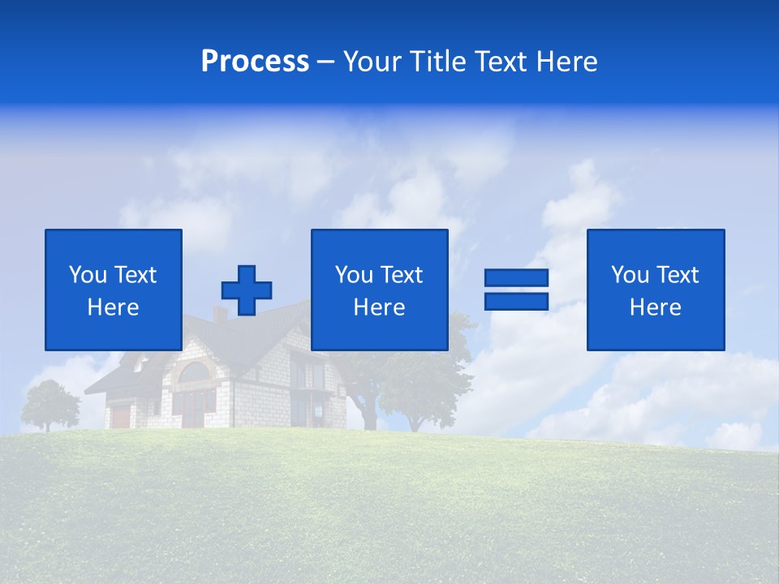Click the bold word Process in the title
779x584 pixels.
coord(255,62)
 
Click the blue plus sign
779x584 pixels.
coord(247,290)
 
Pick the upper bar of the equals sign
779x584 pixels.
coord(516,277)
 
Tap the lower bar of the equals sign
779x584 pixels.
coord(516,302)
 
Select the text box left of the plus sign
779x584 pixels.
coord(114,290)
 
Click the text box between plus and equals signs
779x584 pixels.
coord(379,290)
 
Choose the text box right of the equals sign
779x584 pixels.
coord(656,290)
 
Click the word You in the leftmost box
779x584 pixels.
coord(88,275)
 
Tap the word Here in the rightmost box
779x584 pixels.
coord(656,307)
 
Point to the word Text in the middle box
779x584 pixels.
coord(401,275)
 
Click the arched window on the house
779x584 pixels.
coord(194,373)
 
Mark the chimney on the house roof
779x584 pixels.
coord(219,314)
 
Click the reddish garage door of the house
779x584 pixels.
coord(121,416)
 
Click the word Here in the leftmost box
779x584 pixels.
coord(114,307)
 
